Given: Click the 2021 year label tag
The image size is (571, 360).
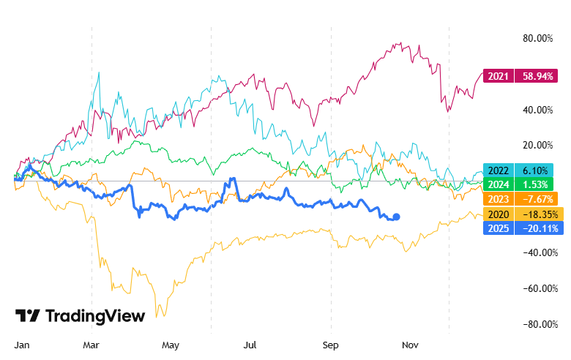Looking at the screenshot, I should [x=499, y=75].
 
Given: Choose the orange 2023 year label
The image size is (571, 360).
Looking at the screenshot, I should [x=499, y=198].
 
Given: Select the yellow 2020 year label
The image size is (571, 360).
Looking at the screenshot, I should [x=499, y=214].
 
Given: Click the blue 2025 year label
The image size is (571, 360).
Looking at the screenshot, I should [x=499, y=228].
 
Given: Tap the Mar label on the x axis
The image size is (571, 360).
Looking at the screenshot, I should [x=91, y=343].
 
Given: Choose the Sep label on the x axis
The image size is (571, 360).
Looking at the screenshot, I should [x=332, y=343].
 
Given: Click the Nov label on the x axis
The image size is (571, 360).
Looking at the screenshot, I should [x=411, y=343].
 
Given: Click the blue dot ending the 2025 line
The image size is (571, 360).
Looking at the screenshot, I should [x=397, y=217].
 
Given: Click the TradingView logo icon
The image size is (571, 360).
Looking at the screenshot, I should [x=28, y=315].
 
